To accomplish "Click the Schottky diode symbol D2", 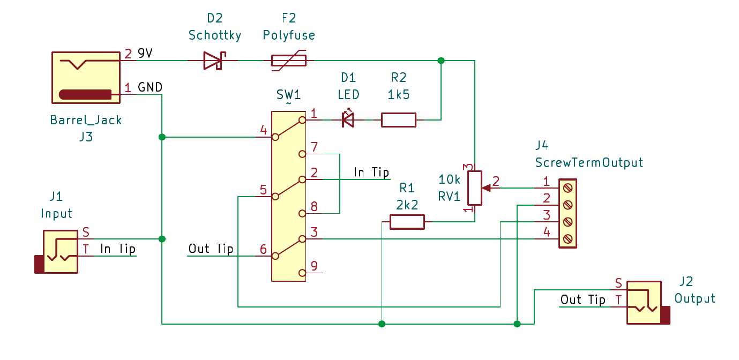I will (213, 61).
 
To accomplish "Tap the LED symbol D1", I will (348, 120).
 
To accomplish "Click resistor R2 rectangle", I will (398, 120).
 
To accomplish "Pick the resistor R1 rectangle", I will (407, 222).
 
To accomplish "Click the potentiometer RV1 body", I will (475, 188).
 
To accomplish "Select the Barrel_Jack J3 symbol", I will (86, 78).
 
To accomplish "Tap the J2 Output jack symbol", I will (646, 302).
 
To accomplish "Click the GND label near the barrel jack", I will (150, 87).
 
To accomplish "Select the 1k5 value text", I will (398, 95).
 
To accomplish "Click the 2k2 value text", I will (407, 204).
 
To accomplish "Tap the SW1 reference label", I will (288, 95).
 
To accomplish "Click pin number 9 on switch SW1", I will (314, 265).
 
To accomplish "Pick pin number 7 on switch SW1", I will (314, 146).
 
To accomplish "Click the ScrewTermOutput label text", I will (589, 162).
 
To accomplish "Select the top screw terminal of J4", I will (568, 187).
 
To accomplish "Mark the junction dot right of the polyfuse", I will (441, 61).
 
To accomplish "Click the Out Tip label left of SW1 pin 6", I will (211, 249).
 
